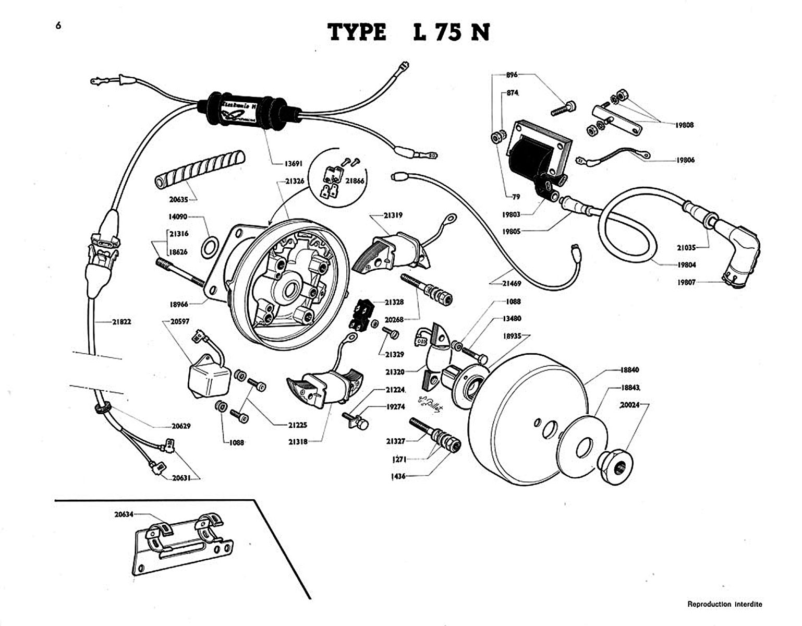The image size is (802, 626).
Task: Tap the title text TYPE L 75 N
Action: coord(409,33)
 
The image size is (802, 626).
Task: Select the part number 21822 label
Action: coord(121,322)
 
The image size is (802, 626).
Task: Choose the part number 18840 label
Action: coord(629,370)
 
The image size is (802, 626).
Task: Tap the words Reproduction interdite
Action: coord(724,604)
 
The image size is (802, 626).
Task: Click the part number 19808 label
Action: coord(685,125)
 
